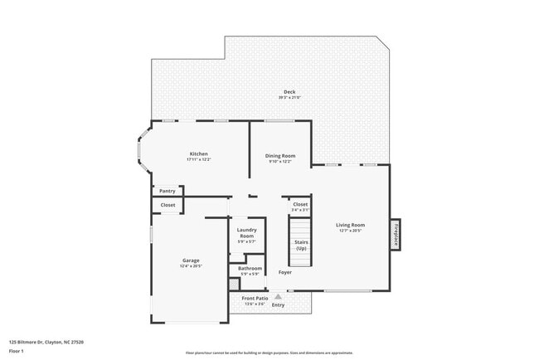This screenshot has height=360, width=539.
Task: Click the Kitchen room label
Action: click(198, 153)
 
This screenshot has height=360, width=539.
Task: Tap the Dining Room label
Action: click(280, 155)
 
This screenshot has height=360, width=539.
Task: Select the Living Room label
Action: click(350, 225)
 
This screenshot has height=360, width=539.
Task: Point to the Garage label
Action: click(191, 260)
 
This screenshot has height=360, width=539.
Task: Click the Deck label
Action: click(289, 92)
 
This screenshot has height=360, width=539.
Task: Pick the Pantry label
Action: click(168, 191)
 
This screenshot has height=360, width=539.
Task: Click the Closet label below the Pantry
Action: click(168, 204)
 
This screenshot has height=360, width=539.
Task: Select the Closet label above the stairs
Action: click(300, 204)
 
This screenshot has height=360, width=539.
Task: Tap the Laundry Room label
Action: click(246, 233)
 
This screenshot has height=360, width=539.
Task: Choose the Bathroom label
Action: click(250, 268)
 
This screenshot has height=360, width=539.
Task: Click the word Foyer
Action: click(284, 272)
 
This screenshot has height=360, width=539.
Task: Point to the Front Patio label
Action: click(255, 298)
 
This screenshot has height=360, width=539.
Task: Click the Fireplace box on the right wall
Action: click(396, 236)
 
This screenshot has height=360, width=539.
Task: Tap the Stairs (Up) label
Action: click(300, 246)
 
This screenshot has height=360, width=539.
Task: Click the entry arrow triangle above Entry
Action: click(278, 292)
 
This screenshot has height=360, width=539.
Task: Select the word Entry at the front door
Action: click(278, 304)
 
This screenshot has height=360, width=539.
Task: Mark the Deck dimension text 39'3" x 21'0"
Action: click(289, 98)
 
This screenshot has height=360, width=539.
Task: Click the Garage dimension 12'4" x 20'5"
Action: click(191, 266)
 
